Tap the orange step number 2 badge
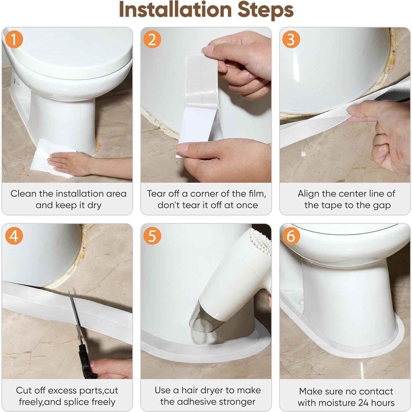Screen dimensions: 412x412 (x=152, y=39)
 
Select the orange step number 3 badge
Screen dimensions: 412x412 (x=291, y=39)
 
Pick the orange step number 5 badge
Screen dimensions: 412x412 (x=152, y=236)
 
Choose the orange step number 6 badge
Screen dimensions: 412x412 (x=291, y=236)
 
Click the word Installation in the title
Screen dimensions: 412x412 (x=175, y=10)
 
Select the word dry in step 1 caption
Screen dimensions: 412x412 (x=94, y=206)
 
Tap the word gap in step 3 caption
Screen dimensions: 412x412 (x=382, y=206)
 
